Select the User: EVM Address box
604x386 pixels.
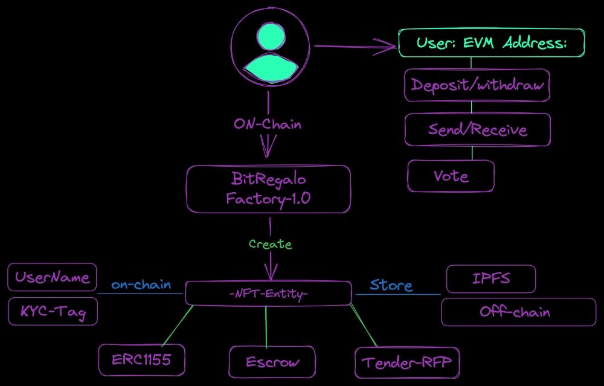tap(491, 43)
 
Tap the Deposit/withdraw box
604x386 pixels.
tap(477, 85)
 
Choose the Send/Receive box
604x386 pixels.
tap(477, 129)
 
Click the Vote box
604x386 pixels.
tap(451, 176)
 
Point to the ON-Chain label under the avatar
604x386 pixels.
tap(267, 124)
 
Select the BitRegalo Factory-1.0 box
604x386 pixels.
tap(269, 189)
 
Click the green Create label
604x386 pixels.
tap(270, 244)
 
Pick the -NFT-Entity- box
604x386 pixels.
tap(268, 293)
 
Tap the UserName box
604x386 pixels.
tap(52, 277)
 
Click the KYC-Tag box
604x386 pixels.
tap(52, 312)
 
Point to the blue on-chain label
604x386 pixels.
tap(141, 285)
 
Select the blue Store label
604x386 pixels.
tap(391, 285)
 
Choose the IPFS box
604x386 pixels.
tap(490, 278)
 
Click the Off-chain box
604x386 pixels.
tap(518, 312)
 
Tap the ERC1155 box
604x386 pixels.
tap(141, 360)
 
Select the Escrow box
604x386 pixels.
tap(272, 362)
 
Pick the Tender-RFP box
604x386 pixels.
tap(406, 362)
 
